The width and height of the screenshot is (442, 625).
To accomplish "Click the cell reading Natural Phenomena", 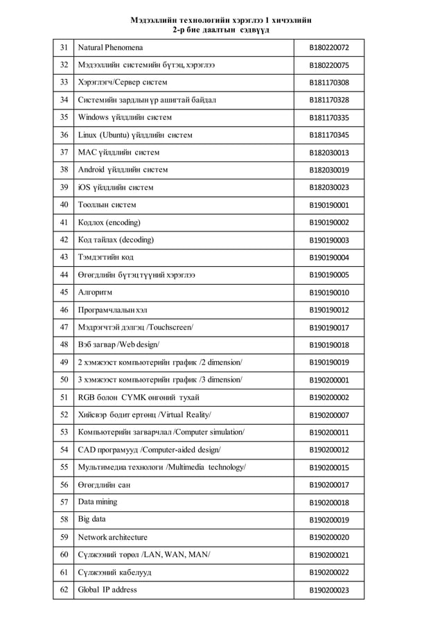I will [x=111, y=47].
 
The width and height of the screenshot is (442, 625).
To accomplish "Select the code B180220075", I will [x=329, y=65].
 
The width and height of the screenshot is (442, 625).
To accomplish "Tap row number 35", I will [x=64, y=117].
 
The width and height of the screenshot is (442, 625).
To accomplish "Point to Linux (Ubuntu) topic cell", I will [x=135, y=134].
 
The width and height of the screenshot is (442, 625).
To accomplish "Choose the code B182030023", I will [x=329, y=187].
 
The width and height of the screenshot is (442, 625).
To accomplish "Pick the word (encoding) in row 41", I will [x=123, y=222].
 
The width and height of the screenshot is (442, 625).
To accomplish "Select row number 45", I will [x=64, y=292].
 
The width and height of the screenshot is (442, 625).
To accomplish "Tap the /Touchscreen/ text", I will [x=166, y=327].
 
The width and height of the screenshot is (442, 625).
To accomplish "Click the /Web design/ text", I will [x=139, y=344].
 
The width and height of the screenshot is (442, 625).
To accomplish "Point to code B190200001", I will [x=329, y=380].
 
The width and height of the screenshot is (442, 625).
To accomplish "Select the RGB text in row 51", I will [x=86, y=397].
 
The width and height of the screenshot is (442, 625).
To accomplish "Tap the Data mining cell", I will [x=98, y=502].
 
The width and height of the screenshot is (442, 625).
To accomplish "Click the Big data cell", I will [x=92, y=519].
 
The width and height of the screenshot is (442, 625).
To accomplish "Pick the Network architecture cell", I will [x=113, y=537].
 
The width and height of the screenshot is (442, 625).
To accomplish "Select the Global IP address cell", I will [x=107, y=590].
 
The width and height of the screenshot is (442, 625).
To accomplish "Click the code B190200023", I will [x=329, y=590].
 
